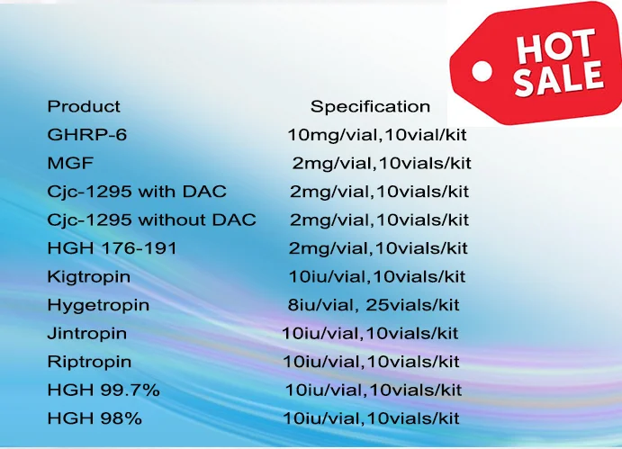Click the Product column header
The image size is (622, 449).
click(84, 106)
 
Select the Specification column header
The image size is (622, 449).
click(370, 106)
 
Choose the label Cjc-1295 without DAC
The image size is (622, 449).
click(151, 220)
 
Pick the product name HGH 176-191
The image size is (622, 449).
click(112, 248)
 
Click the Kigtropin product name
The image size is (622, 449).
click(89, 276)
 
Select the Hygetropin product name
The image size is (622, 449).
click(98, 305)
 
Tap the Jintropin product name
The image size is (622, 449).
click(87, 334)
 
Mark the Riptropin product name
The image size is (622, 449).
click(89, 362)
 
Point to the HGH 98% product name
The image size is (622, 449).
click(95, 419)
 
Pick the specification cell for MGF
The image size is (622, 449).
click(381, 164)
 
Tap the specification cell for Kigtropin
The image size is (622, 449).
click(375, 276)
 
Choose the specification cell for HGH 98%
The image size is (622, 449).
click(371, 419)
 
